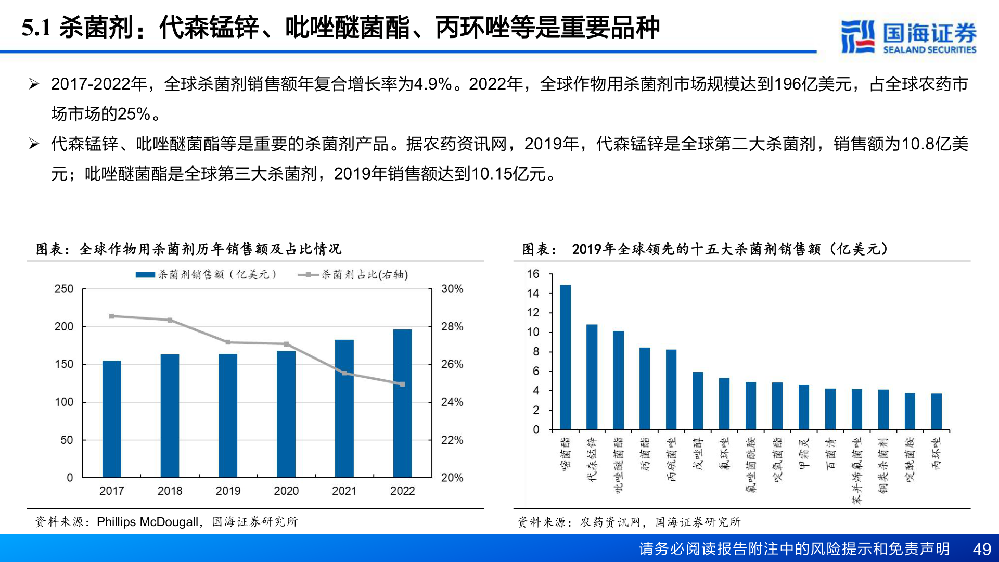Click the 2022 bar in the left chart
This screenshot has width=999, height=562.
(x=402, y=403)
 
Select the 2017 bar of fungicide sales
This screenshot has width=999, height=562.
(x=111, y=419)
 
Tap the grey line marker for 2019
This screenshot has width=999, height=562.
(x=228, y=342)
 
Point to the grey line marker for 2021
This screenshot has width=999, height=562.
(x=344, y=373)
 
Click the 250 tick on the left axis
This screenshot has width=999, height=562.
(x=64, y=289)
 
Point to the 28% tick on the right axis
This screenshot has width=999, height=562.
(x=452, y=327)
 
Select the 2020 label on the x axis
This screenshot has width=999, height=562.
(x=286, y=491)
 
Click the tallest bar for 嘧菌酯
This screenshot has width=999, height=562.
(x=565, y=357)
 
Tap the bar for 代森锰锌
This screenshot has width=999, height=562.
(x=592, y=377)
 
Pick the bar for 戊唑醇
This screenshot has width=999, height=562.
(x=698, y=401)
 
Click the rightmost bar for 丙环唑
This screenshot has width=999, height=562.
(x=936, y=411)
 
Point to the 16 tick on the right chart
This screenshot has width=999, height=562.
(x=533, y=274)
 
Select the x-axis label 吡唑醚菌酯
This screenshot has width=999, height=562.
(x=618, y=465)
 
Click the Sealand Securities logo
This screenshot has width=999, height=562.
(x=908, y=36)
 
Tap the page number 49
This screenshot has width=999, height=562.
(x=981, y=549)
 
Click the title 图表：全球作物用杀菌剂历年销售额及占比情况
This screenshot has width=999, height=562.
(x=188, y=249)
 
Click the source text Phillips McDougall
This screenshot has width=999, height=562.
(x=147, y=522)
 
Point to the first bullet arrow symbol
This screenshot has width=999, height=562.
(x=34, y=84)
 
